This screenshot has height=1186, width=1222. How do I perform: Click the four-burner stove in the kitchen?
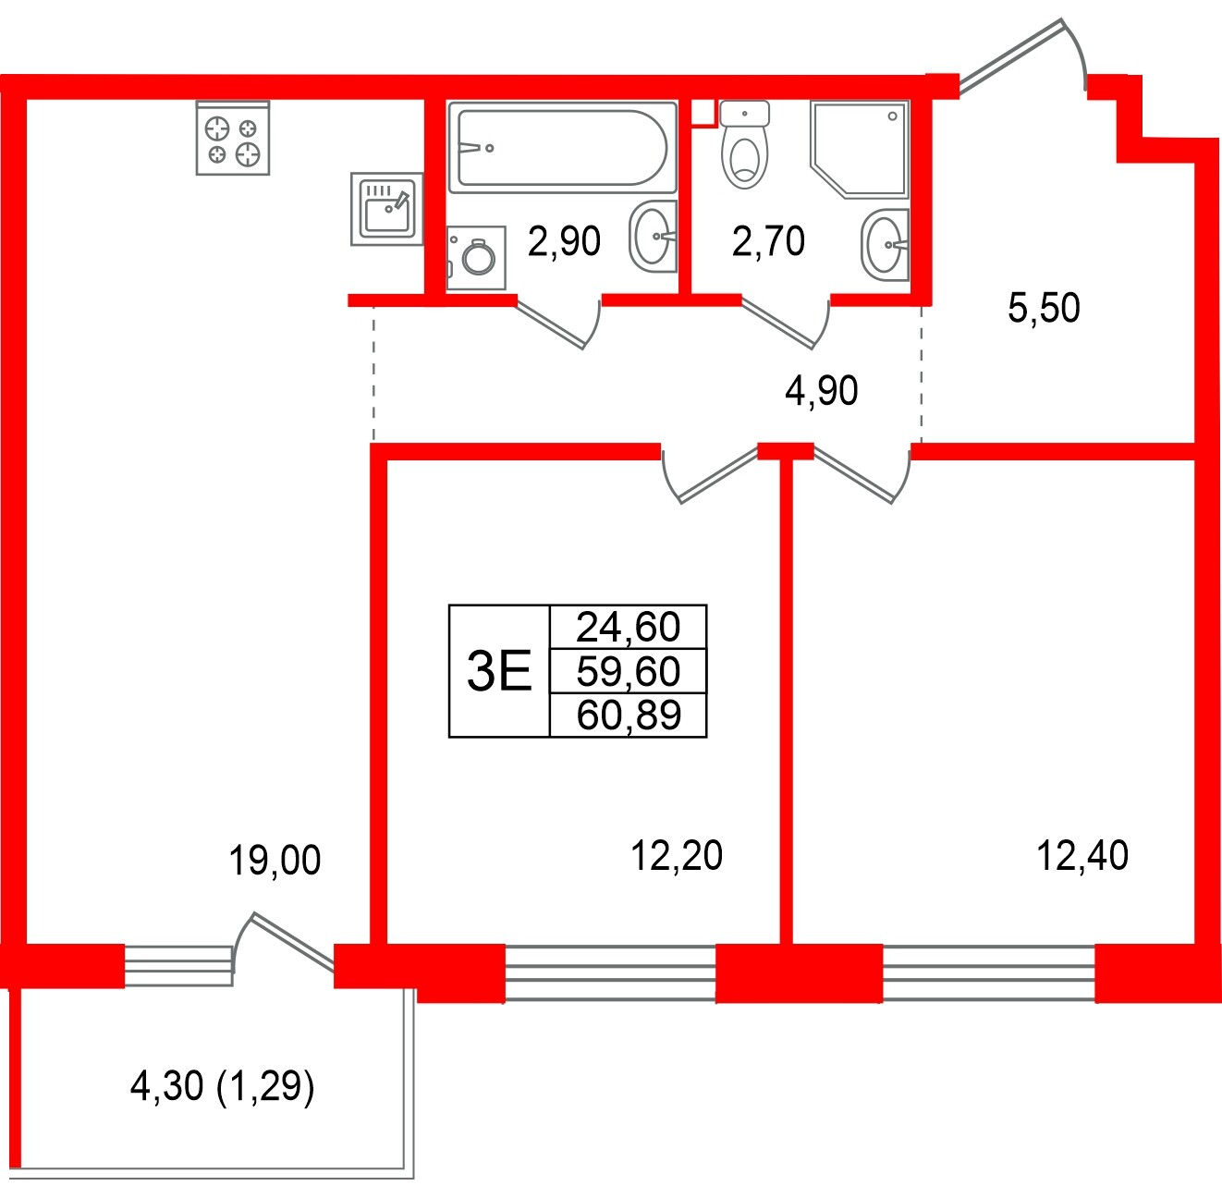[233, 139]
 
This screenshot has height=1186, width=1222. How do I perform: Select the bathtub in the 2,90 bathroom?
[558, 148]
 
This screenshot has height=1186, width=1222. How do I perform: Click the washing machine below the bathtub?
[476, 258]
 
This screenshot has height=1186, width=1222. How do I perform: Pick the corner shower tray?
[860, 148]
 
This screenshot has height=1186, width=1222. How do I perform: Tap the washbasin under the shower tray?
[885, 244]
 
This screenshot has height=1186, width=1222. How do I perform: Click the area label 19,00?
[275, 861]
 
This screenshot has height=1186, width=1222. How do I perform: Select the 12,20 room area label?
[677, 856]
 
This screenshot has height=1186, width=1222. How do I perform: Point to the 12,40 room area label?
[1082, 856]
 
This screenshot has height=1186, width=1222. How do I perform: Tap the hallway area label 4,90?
[821, 391]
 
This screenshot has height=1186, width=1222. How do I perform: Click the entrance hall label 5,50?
[1044, 308]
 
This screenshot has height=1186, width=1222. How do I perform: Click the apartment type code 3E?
[499, 671]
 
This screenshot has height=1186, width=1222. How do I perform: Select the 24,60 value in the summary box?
[628, 627]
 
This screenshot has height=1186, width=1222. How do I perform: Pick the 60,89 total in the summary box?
[628, 715]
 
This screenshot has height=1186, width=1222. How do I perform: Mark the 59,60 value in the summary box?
[628, 671]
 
